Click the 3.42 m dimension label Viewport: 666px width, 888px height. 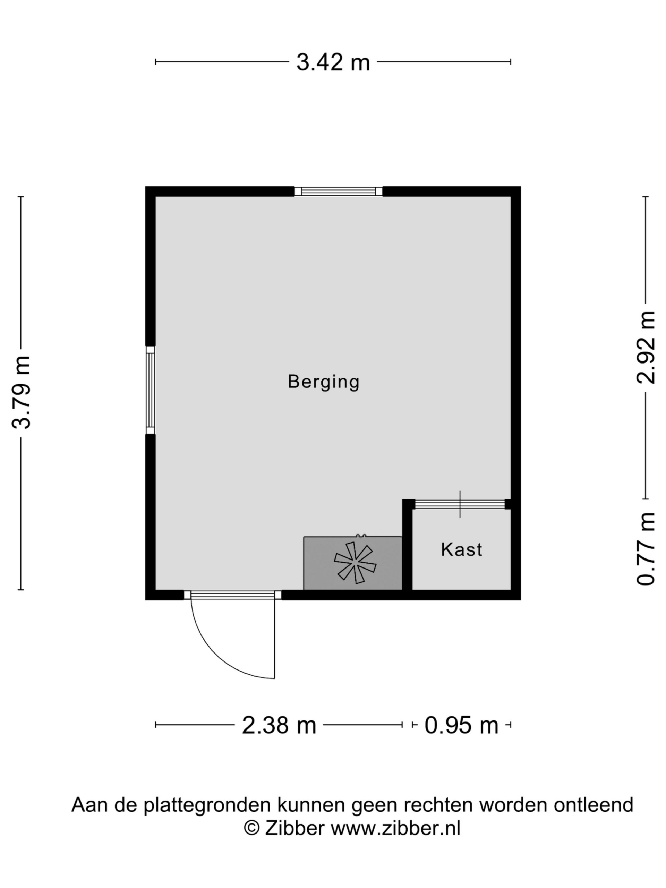[333, 63]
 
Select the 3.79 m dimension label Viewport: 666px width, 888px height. [21, 393]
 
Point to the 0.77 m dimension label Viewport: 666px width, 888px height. [646, 549]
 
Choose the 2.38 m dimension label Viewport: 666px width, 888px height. [279, 725]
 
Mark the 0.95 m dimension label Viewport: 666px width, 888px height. [461, 725]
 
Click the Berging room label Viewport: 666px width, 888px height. [324, 382]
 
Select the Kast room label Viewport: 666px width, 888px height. [461, 549]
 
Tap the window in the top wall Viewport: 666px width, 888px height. [339, 191]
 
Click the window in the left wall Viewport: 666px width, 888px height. [150, 390]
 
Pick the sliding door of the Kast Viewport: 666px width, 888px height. [459, 504]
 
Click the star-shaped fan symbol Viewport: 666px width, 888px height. [355, 562]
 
